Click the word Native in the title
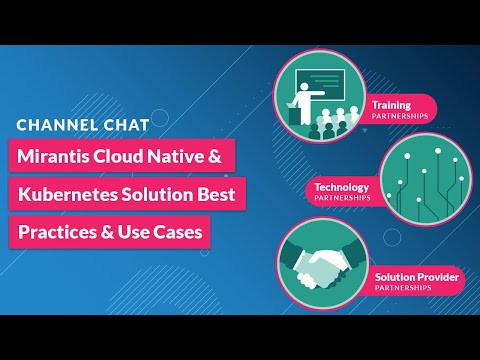coord(186,157)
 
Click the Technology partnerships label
coord(343,191)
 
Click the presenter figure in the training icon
coord(303,101)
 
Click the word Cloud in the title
coord(125,157)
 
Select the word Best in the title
coord(217,194)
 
